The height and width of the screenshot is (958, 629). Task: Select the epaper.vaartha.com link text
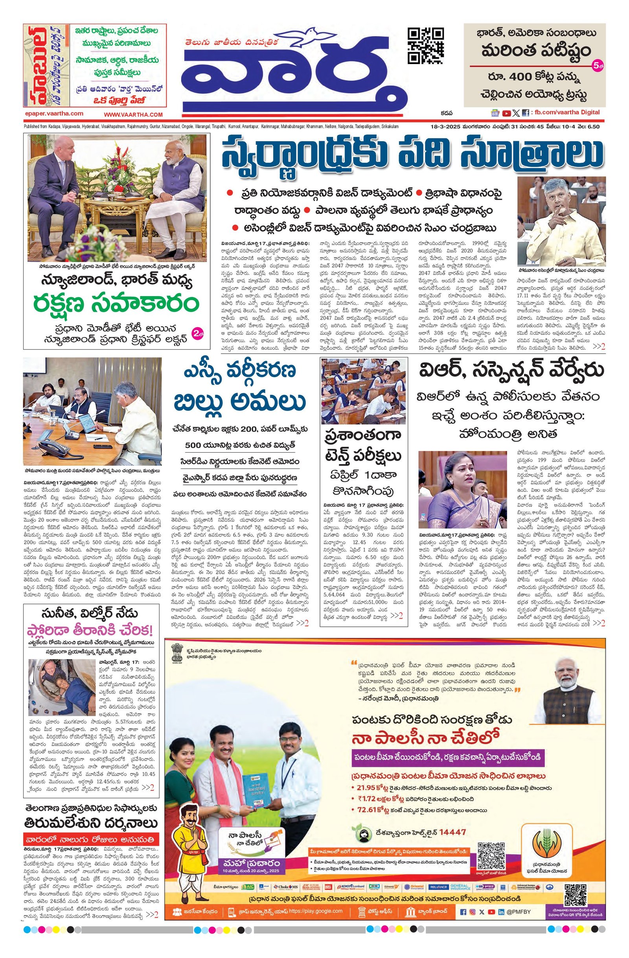54,114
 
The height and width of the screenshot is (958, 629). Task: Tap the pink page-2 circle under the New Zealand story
198,333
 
